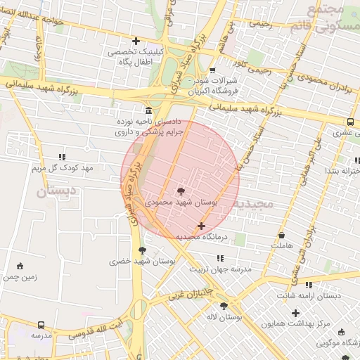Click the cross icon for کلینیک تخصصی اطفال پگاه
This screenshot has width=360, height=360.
(136, 41)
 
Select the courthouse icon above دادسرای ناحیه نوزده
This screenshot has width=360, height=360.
(148, 111)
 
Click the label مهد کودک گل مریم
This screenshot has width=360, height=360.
(63, 168)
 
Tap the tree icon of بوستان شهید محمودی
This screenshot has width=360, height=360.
(181, 191)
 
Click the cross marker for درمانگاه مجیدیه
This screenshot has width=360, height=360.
(202, 226)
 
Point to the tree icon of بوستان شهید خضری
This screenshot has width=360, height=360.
(143, 250)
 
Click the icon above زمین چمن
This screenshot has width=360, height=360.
(19, 266)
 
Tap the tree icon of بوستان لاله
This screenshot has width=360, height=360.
(224, 306)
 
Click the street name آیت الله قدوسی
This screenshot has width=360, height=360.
(98, 333)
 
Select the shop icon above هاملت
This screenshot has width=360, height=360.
(282, 235)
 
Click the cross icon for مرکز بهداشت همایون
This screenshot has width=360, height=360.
(295, 312)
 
